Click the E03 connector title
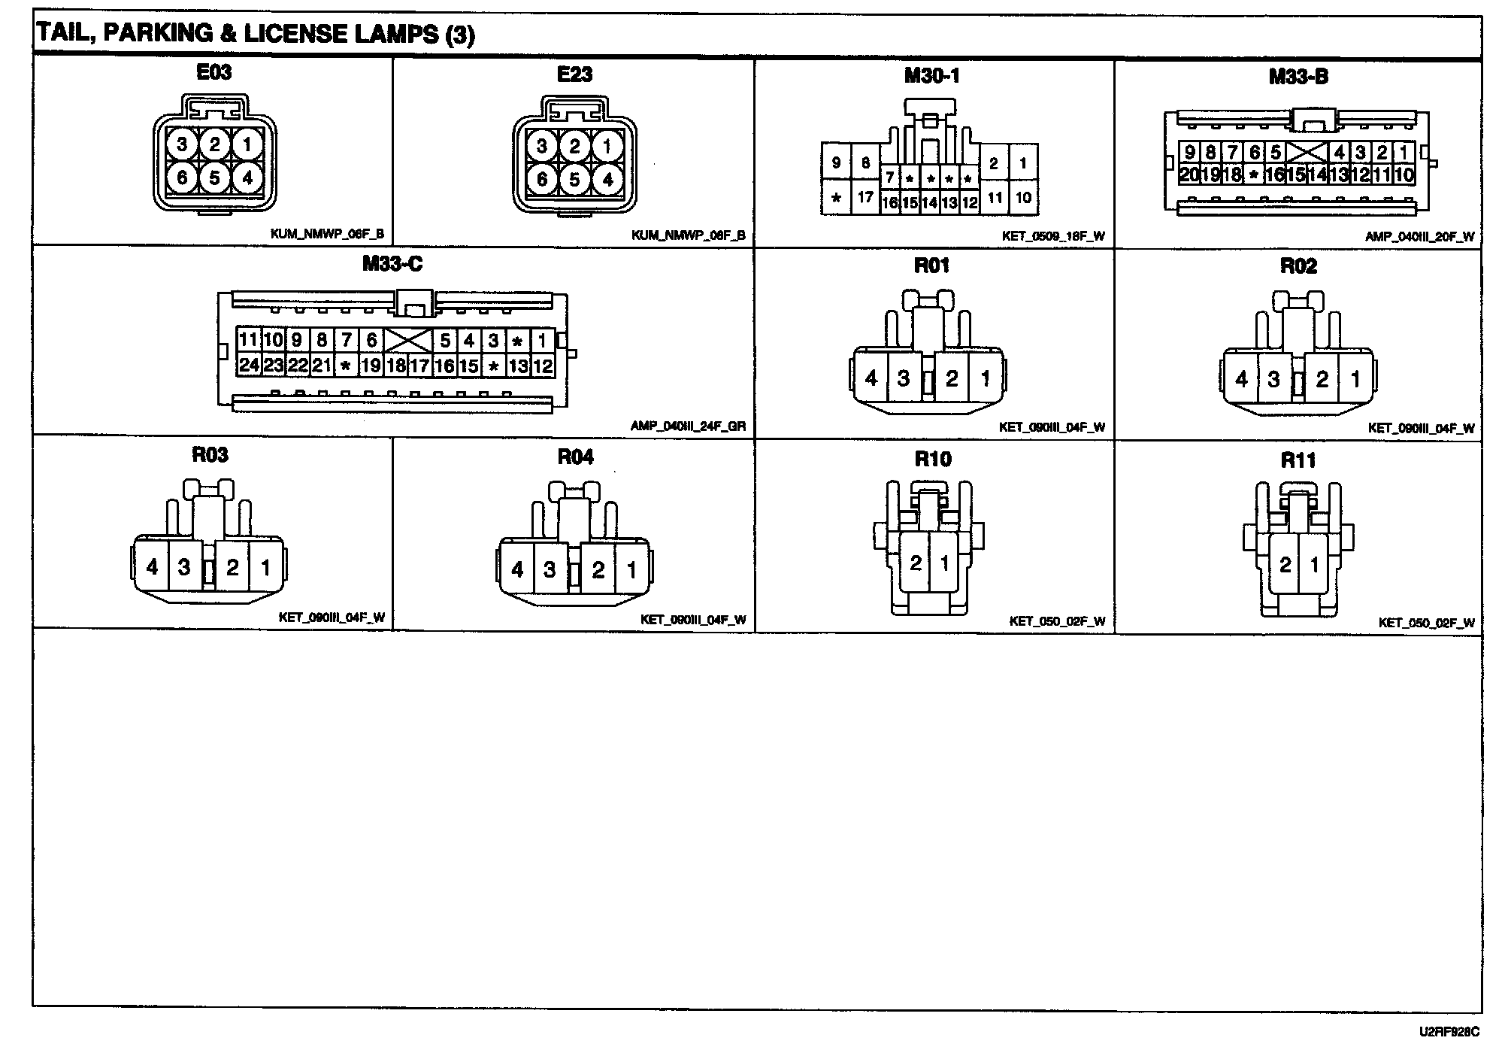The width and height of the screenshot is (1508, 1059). coord(213,72)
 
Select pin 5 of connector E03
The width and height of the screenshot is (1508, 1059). coord(214,178)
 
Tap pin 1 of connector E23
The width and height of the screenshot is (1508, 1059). coord(607,145)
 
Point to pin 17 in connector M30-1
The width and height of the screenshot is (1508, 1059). coord(865,198)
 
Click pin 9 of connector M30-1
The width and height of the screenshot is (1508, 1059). coord(836,162)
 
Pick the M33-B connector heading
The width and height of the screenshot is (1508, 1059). coord(1298,77)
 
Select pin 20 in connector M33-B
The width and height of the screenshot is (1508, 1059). coord(1189,175)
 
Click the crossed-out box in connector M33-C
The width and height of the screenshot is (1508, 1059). coord(408,341)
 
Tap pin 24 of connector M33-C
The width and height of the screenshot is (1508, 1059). coord(248,366)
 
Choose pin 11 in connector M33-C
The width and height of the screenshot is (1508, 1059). coord(248,340)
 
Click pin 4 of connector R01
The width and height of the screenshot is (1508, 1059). coord(871,378)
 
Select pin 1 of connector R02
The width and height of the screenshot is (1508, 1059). coord(1355,378)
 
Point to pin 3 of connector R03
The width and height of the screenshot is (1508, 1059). coord(184,566)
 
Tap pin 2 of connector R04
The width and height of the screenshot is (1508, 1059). coord(598,569)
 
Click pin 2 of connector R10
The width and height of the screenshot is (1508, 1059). coord(915,563)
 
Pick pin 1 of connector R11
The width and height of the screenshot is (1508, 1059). coord(1314,564)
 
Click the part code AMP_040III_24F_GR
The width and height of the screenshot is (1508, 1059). coord(688,426)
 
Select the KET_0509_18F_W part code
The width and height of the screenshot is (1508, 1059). coord(1052,236)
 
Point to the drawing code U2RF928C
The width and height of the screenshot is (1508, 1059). coord(1449,1032)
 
